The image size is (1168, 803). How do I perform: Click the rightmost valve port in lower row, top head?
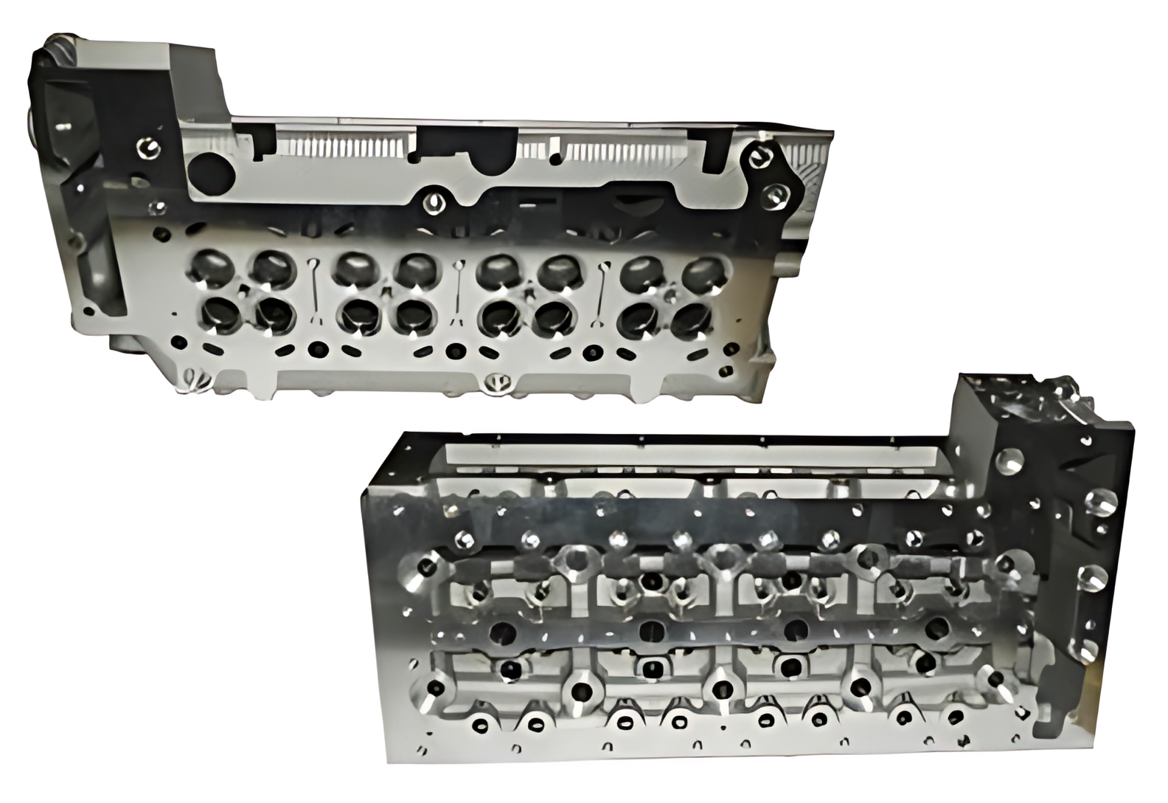pos(690,319)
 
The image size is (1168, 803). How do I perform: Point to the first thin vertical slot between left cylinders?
pos(314,292)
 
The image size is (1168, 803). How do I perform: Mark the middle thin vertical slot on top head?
pos(459,293)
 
